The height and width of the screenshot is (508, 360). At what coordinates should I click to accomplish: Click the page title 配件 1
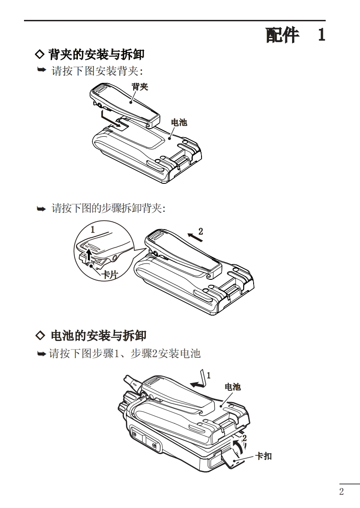[295, 35]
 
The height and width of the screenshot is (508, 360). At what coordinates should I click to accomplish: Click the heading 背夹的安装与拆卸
[96, 55]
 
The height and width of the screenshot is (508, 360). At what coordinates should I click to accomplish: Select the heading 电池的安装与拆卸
[98, 336]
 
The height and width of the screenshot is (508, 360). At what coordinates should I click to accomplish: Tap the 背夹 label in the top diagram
[140, 86]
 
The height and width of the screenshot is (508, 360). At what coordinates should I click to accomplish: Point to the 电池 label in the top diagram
[178, 122]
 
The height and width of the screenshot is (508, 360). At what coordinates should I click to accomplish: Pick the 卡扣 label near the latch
[264, 456]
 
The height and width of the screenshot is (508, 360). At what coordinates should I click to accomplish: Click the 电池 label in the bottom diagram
[233, 387]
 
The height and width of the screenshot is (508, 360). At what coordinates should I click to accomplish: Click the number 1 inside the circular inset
[92, 230]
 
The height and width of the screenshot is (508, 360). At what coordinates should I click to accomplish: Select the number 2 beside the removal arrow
[201, 231]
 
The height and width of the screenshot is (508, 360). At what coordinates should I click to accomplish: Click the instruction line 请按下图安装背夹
[98, 71]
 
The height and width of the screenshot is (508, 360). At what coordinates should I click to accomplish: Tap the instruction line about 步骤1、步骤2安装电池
[125, 354]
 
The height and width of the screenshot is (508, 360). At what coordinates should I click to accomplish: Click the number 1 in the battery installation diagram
[208, 375]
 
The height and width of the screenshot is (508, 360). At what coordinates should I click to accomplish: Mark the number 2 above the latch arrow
[244, 438]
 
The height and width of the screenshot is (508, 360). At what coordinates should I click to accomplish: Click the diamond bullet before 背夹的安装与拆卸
[40, 55]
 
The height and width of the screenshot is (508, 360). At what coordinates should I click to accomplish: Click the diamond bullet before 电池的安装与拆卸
[40, 335]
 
